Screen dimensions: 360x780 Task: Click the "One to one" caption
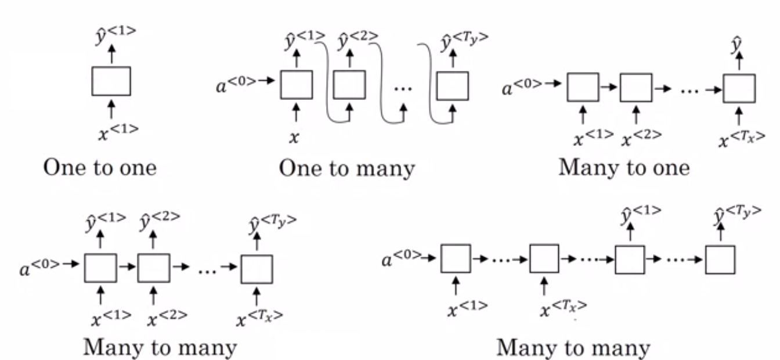coord(100,168)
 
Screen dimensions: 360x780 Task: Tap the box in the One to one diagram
coord(111,81)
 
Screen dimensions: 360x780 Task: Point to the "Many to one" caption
coord(624,168)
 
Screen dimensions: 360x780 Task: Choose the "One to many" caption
coord(347,169)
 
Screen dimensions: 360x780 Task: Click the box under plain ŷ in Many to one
coord(739,88)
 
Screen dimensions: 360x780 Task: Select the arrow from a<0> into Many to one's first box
coord(554,84)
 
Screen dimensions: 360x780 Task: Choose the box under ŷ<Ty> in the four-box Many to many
coord(720,260)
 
